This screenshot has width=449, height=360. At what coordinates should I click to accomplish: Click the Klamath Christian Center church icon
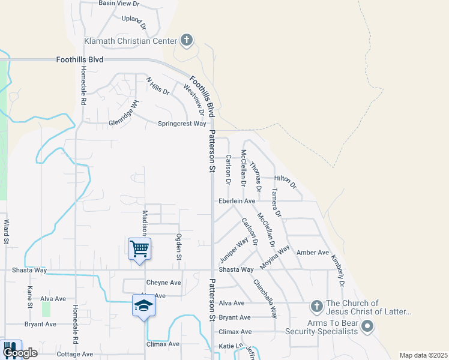[x=186, y=40]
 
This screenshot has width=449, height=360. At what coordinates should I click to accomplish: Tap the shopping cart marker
[x=139, y=248]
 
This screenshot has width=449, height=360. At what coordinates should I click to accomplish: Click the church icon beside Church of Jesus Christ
[x=317, y=307]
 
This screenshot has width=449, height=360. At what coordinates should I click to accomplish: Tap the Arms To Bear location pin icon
[x=368, y=327]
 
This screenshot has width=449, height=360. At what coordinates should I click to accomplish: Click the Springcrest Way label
[x=182, y=124]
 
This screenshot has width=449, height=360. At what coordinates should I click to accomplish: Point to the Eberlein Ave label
[x=237, y=201]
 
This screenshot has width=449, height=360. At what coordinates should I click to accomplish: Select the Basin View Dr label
[x=119, y=4]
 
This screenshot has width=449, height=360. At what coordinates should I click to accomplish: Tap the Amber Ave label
[x=313, y=253]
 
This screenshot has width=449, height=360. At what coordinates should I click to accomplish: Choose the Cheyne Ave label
[x=163, y=283]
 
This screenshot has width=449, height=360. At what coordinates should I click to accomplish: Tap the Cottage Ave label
[x=75, y=355]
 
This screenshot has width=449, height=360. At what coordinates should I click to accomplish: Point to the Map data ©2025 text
[x=423, y=355]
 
